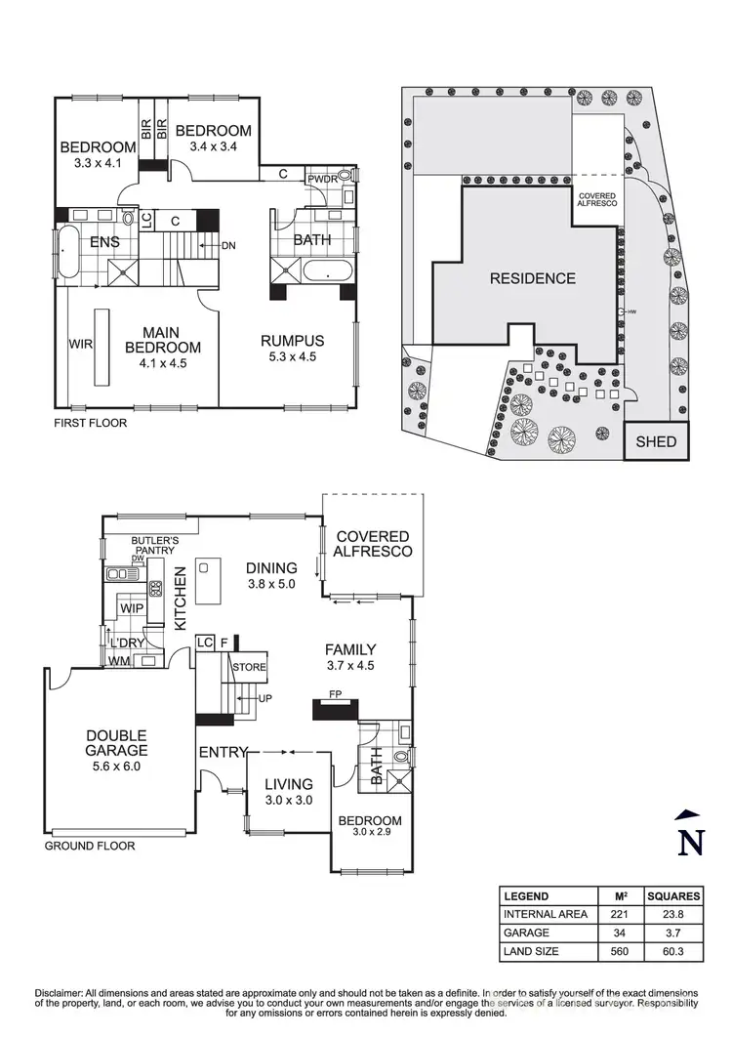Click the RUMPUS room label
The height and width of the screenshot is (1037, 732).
coord(292,340)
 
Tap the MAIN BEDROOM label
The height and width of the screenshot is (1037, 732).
coord(163,340)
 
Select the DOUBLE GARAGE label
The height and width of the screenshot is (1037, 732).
coord(115,743)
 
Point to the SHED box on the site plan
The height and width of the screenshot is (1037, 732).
coord(656,441)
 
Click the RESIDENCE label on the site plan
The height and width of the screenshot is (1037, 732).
coord(532,278)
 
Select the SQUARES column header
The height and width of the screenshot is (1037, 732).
coord(671,896)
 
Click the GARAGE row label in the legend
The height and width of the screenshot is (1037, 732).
coord(525,933)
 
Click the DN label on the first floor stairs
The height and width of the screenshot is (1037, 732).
coord(228,246)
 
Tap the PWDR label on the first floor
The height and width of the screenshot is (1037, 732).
coord(322,180)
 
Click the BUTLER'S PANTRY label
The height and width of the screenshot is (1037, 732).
coord(154,544)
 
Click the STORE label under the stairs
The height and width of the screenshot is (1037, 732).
coord(248,668)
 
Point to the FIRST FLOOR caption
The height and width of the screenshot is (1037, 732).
coord(92,424)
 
